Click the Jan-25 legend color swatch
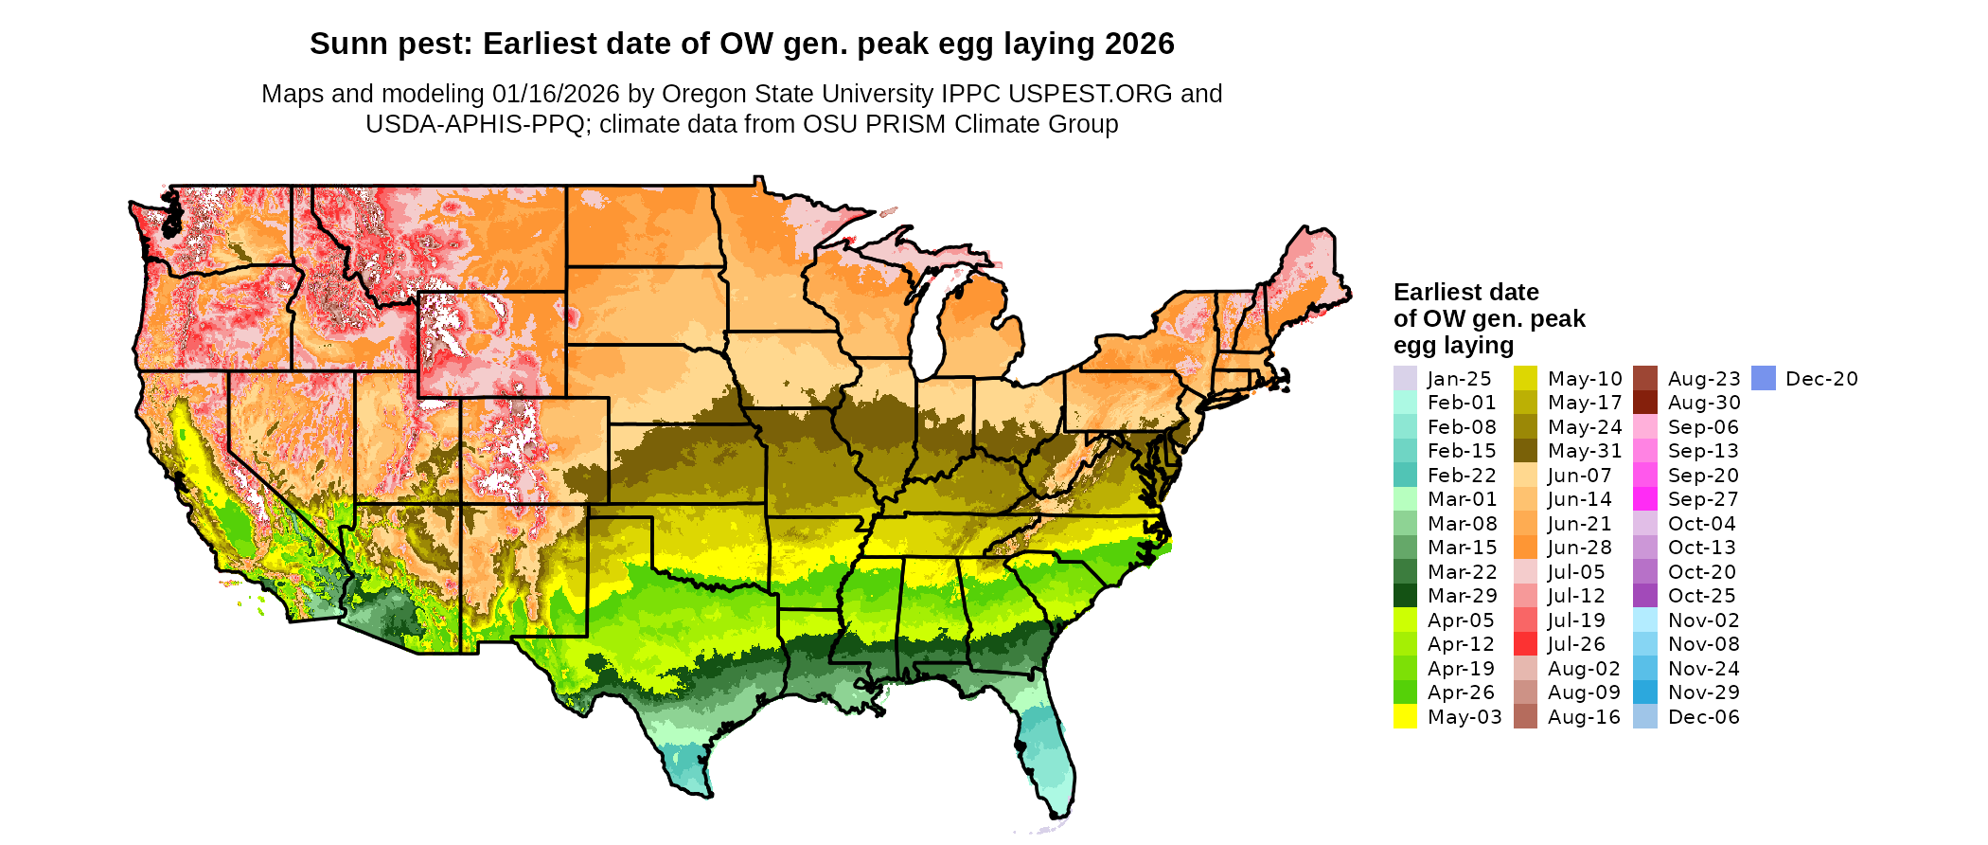(x=1405, y=379)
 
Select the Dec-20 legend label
(x=1821, y=379)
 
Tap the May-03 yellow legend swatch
(x=1405, y=717)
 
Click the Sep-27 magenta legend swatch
(x=1645, y=499)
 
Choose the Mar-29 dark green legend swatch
(x=1405, y=596)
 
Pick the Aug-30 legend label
(x=1704, y=403)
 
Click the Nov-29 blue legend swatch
(x=1645, y=692)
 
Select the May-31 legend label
(x=1585, y=451)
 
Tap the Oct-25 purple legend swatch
(x=1645, y=596)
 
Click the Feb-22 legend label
(x=1462, y=476)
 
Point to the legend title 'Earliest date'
(x=1466, y=292)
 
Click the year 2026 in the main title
(x=1140, y=44)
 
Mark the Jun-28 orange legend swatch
(x=1525, y=548)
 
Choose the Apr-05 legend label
(x=1461, y=620)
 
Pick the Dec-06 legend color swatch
(x=1645, y=717)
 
